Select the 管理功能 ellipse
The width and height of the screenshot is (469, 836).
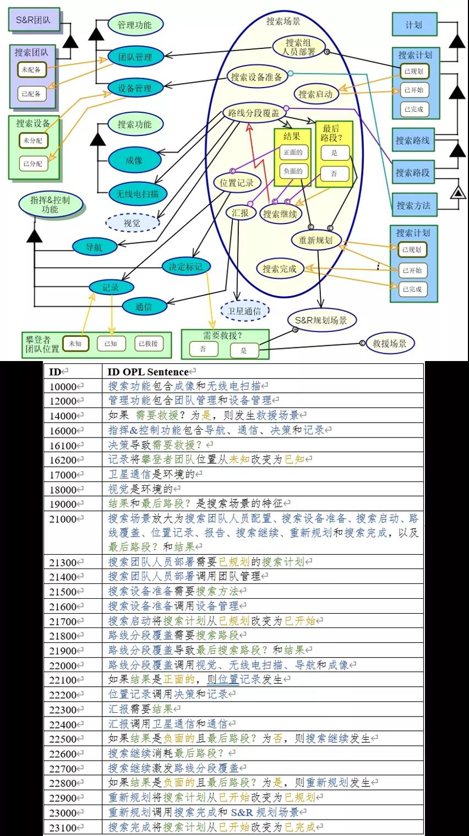coord(135,25)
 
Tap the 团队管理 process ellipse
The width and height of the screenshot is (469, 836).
coord(135,57)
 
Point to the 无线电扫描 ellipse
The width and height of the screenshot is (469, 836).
coord(138,194)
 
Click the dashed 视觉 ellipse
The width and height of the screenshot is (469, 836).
coord(132,223)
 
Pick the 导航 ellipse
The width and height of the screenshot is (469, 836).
coord(95,247)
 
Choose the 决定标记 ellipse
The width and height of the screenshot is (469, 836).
coord(186,266)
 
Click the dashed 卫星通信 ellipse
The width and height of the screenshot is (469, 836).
coord(244,310)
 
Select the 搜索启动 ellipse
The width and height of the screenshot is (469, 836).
coord(315,94)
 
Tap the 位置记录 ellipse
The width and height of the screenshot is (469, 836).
coord(236,183)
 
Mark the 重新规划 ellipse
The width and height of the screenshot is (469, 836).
coord(315,240)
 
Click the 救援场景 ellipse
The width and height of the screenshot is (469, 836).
coord(390,343)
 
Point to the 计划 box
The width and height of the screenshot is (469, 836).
coord(414,24)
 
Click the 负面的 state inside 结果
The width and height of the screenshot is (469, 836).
coord(293,171)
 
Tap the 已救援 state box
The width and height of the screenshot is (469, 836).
coord(148,344)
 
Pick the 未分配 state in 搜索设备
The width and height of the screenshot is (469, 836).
coord(33,141)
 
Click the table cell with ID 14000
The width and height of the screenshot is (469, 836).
coord(73,416)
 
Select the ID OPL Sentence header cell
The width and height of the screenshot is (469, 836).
coord(263,371)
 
